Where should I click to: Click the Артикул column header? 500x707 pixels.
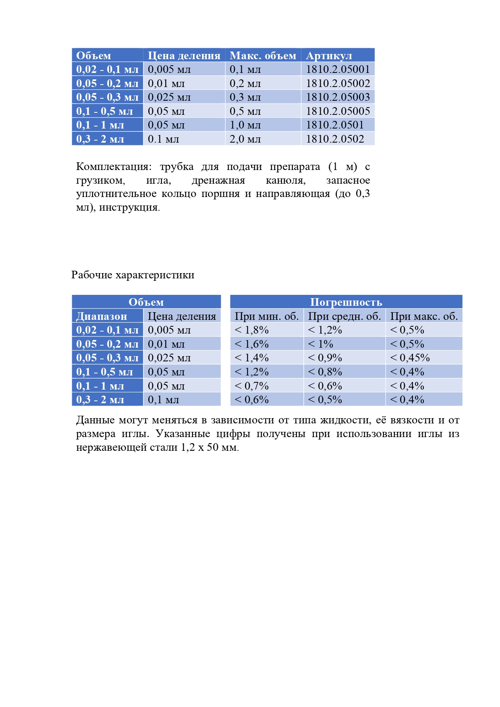pyautogui.click(x=329, y=56)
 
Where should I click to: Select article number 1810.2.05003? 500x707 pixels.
pyautogui.click(x=338, y=97)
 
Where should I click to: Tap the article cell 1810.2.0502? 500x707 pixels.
pyautogui.click(x=335, y=139)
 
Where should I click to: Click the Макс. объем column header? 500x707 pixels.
pyautogui.click(x=263, y=56)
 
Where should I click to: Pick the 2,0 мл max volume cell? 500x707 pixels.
pyautogui.click(x=245, y=139)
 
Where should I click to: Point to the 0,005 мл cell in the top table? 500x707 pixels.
pyautogui.click(x=169, y=69)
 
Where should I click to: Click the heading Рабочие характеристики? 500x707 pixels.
pyautogui.click(x=133, y=275)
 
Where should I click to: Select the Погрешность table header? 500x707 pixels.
pyautogui.click(x=346, y=302)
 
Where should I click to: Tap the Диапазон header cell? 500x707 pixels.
pyautogui.click(x=102, y=316)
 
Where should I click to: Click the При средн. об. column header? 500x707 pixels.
pyautogui.click(x=344, y=316)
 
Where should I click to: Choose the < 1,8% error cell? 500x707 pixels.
pyautogui.click(x=251, y=330)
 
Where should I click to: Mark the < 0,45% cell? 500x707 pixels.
pyautogui.click(x=410, y=358)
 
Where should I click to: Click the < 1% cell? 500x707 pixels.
pyautogui.click(x=320, y=344)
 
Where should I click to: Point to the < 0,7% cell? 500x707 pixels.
pyautogui.click(x=251, y=386)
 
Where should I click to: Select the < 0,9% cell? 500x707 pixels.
pyautogui.click(x=325, y=358)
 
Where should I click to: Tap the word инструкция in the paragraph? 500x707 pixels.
pyautogui.click(x=129, y=208)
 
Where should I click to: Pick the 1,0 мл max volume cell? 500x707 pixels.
pyautogui.click(x=245, y=125)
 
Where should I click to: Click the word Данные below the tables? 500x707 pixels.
pyautogui.click(x=95, y=420)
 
